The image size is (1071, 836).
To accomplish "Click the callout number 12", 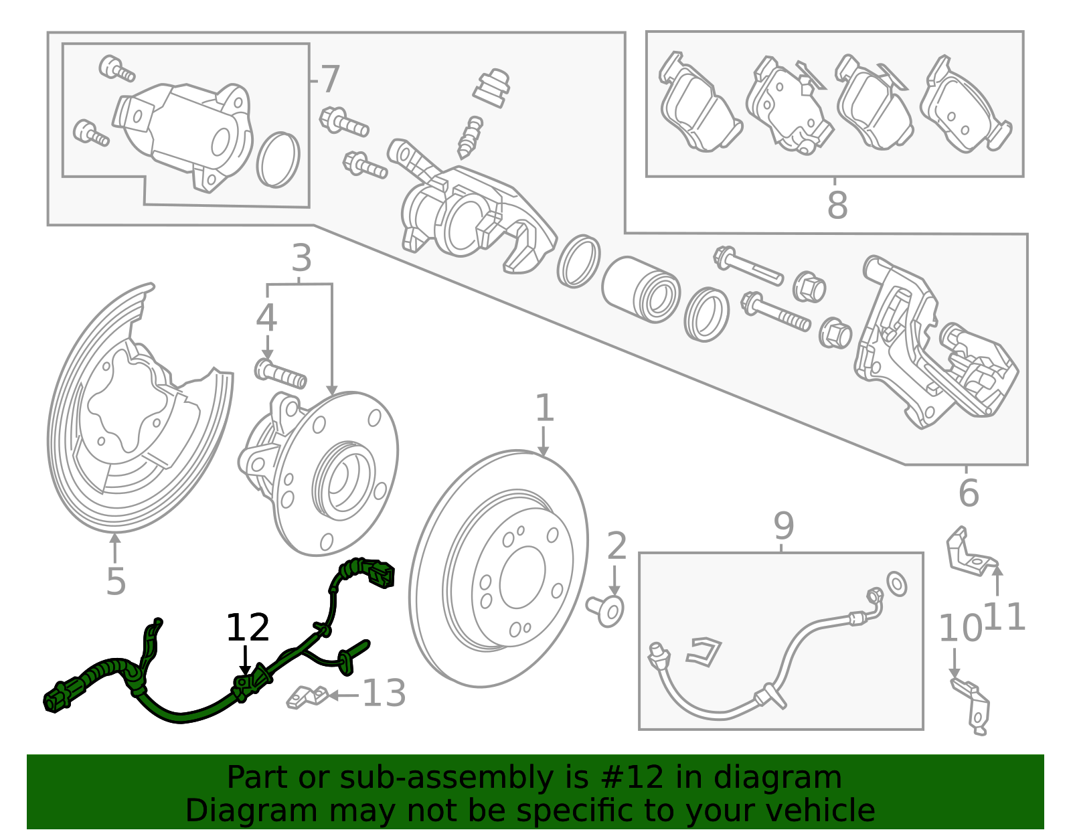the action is click(x=248, y=627).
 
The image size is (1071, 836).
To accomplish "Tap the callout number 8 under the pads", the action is click(x=837, y=204).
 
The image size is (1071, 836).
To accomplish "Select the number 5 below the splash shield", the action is click(x=116, y=582).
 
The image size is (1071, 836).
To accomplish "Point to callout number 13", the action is click(x=384, y=693).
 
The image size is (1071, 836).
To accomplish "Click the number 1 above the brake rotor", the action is click(x=544, y=408).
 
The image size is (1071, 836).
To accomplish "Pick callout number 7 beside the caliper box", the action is click(x=330, y=79).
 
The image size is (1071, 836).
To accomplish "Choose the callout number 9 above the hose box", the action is click(x=783, y=525).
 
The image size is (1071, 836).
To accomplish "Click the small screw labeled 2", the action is click(x=606, y=610).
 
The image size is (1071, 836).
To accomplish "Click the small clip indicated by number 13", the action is click(x=307, y=697).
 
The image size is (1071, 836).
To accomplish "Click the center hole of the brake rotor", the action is click(x=522, y=577).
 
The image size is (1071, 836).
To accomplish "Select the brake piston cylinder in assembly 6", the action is click(x=640, y=290).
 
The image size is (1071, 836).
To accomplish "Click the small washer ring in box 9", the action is click(x=896, y=584).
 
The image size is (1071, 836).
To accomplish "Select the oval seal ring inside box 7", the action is click(x=278, y=159).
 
